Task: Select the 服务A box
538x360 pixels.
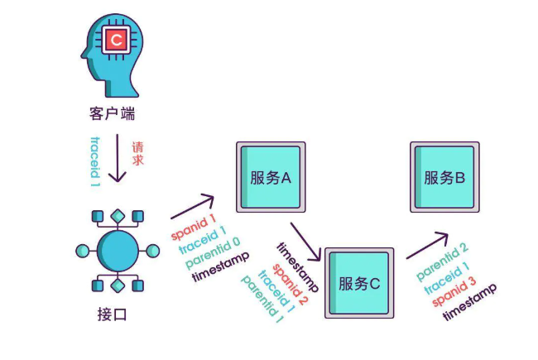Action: click(271, 176)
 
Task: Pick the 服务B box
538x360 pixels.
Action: click(444, 176)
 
